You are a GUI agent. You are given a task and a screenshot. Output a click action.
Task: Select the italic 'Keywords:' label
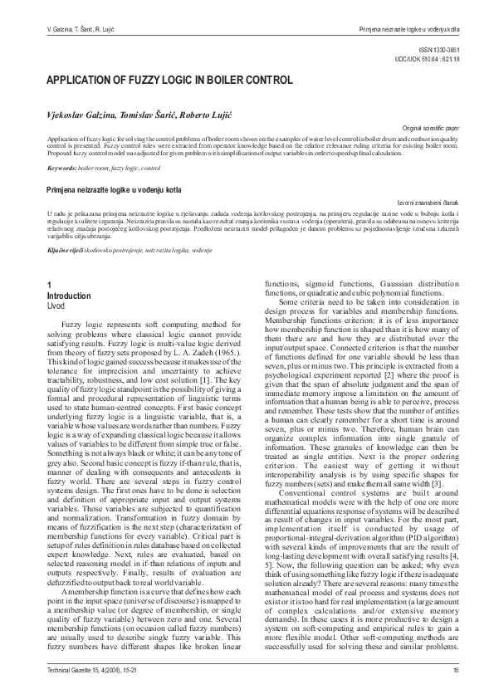(x=62, y=168)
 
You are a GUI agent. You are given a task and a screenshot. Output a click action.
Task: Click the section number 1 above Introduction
(x=50, y=286)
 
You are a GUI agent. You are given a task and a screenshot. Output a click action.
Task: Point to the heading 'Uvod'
(x=56, y=305)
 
